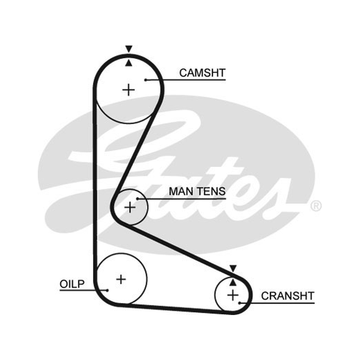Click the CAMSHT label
pos(202,73)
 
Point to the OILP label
pos(72,284)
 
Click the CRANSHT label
pos(288,296)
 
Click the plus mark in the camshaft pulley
pos(129,90)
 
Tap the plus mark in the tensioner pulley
pos(130,207)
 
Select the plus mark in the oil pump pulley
pos(121,279)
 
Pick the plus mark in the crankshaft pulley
pos(233,295)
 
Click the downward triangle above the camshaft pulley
pos(129,49)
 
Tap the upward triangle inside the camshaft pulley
pos(129,63)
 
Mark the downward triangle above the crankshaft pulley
pos(233,268)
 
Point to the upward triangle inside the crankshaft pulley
pos(233,283)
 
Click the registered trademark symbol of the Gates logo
pos(316,206)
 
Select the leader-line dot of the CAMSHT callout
pos(145,80)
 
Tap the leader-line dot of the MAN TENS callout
pos(137,199)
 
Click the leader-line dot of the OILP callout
pos(107,290)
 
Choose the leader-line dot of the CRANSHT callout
pos(239,303)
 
